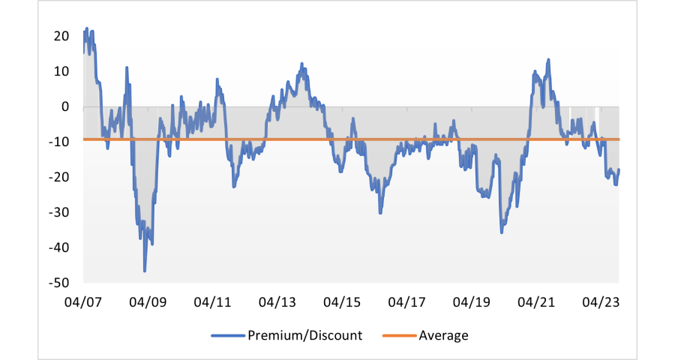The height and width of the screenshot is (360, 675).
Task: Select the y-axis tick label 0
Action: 65,106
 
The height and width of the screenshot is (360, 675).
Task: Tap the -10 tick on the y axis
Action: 59,142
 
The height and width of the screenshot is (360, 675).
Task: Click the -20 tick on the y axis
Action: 59,177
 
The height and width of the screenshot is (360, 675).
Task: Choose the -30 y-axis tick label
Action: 59,212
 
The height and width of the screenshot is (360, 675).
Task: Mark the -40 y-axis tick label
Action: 59,247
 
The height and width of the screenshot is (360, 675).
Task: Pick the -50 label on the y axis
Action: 59,283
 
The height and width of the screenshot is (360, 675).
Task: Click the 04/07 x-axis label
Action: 83,302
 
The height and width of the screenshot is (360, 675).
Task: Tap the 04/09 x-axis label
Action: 148,302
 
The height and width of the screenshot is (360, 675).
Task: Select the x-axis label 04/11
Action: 212,302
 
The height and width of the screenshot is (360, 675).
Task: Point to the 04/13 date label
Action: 277,302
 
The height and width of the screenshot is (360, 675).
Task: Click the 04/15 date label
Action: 342,302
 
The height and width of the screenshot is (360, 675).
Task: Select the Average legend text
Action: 443,335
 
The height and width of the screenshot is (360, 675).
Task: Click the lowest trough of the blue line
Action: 145,270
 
